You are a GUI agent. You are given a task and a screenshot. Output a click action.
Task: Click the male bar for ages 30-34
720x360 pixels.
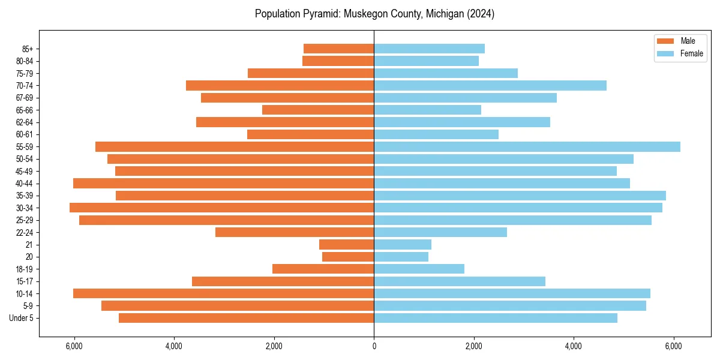tap(222, 208)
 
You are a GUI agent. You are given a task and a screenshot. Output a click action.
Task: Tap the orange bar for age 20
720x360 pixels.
tap(348, 257)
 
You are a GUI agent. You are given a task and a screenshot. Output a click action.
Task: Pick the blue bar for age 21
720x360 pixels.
tap(403, 244)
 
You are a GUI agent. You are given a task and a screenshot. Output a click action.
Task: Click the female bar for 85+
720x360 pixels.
tap(429, 49)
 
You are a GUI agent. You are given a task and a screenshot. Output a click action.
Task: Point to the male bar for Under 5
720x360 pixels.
tap(246, 318)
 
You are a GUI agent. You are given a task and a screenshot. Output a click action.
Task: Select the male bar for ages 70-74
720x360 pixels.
tap(280, 85)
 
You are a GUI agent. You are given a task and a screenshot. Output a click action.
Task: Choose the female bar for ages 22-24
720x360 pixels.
tap(440, 232)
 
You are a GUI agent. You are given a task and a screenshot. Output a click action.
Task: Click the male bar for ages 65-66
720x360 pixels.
tap(318, 110)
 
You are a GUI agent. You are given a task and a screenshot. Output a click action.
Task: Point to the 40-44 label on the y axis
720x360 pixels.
tap(25, 184)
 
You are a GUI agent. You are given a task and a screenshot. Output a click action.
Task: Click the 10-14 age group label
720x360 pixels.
tap(25, 293)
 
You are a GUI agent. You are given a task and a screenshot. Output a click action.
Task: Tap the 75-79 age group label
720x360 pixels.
tap(25, 73)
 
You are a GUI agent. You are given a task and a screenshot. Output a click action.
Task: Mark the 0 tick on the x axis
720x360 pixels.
tap(374, 346)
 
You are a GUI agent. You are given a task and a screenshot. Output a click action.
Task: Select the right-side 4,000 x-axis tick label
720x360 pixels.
tap(574, 346)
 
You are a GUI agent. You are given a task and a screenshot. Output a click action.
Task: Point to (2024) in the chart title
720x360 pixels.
tap(479, 14)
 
